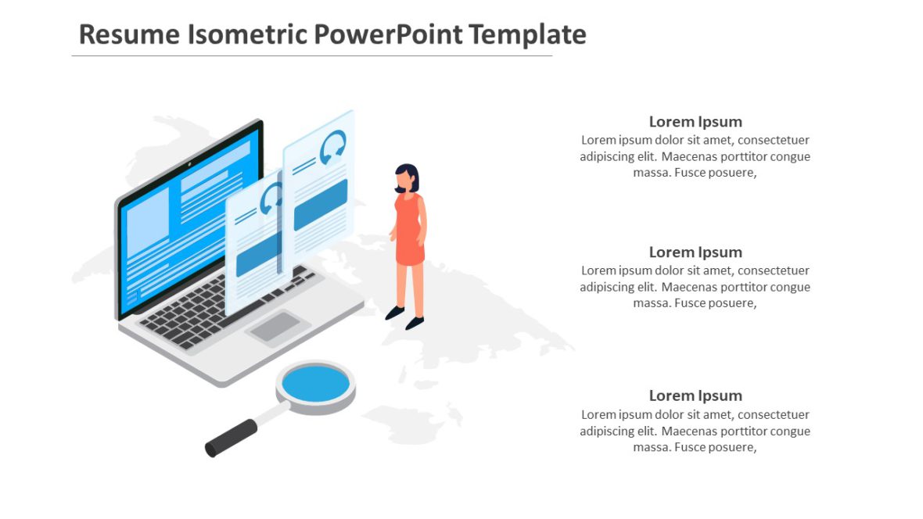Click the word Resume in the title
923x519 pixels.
click(129, 34)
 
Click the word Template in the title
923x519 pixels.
click(529, 34)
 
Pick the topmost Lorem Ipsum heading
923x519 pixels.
click(695, 121)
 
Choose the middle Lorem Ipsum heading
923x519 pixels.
click(695, 252)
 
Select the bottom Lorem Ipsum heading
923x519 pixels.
click(695, 396)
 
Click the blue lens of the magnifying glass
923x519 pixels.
click(315, 384)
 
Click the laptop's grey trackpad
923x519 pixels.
click(275, 326)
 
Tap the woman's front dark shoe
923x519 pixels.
click(415, 323)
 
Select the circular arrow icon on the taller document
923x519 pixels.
click(333, 147)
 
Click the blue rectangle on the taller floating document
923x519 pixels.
click(321, 205)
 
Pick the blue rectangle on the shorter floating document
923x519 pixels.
click(258, 254)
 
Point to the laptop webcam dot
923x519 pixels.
click(189, 165)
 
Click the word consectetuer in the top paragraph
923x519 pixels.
click(773, 140)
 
